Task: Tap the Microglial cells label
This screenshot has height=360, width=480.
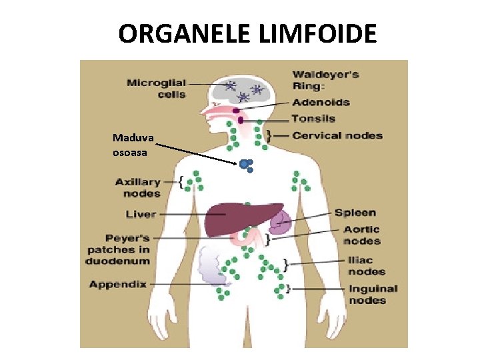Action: click(x=157, y=89)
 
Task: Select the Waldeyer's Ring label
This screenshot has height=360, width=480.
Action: click(x=325, y=79)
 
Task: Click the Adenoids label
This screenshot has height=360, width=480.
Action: click(x=321, y=103)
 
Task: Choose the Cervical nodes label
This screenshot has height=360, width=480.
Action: click(x=337, y=135)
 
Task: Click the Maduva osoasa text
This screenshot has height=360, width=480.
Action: click(x=133, y=145)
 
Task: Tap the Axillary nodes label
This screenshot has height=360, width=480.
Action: click(x=138, y=187)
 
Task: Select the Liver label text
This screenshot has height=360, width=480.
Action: click(x=141, y=214)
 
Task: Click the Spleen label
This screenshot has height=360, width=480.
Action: click(x=355, y=213)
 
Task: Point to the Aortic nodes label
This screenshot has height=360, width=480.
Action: click(x=362, y=235)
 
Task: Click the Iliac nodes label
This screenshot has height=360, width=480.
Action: click(x=366, y=265)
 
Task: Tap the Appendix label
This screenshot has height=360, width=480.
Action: click(x=118, y=284)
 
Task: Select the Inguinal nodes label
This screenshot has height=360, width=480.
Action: click(x=373, y=295)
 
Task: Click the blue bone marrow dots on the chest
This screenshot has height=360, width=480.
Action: click(x=246, y=164)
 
